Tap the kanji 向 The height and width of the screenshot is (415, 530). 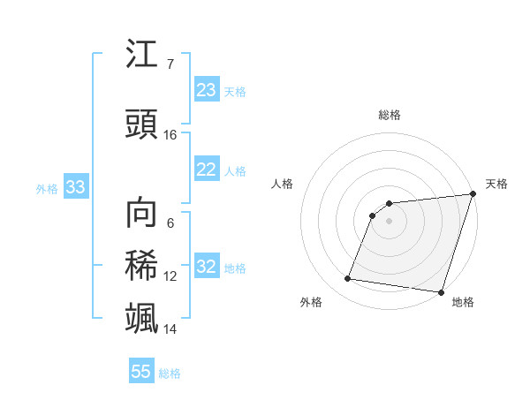coord(142,213)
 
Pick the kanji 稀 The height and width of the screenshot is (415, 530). coord(142,264)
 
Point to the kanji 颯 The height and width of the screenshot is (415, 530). coord(142,316)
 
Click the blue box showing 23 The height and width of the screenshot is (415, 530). coord(207,90)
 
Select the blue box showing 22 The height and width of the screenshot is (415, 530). coord(207,170)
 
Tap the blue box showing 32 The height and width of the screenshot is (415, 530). coord(207,268)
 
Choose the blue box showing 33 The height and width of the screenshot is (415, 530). coord(75,187)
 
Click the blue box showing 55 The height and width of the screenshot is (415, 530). coord(141,372)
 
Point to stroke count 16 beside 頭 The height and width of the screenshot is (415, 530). coord(170,135)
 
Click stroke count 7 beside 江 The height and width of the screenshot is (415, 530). coord(170,64)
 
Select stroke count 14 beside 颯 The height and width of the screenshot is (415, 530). coord(170,329)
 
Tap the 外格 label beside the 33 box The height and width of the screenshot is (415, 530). coord(47,188)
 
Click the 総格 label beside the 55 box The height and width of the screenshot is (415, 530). coord(170,373)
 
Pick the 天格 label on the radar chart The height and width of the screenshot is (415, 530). coord(496,184)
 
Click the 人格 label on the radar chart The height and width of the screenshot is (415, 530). coord(282,184)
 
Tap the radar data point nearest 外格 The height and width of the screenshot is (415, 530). coord(348,279)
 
